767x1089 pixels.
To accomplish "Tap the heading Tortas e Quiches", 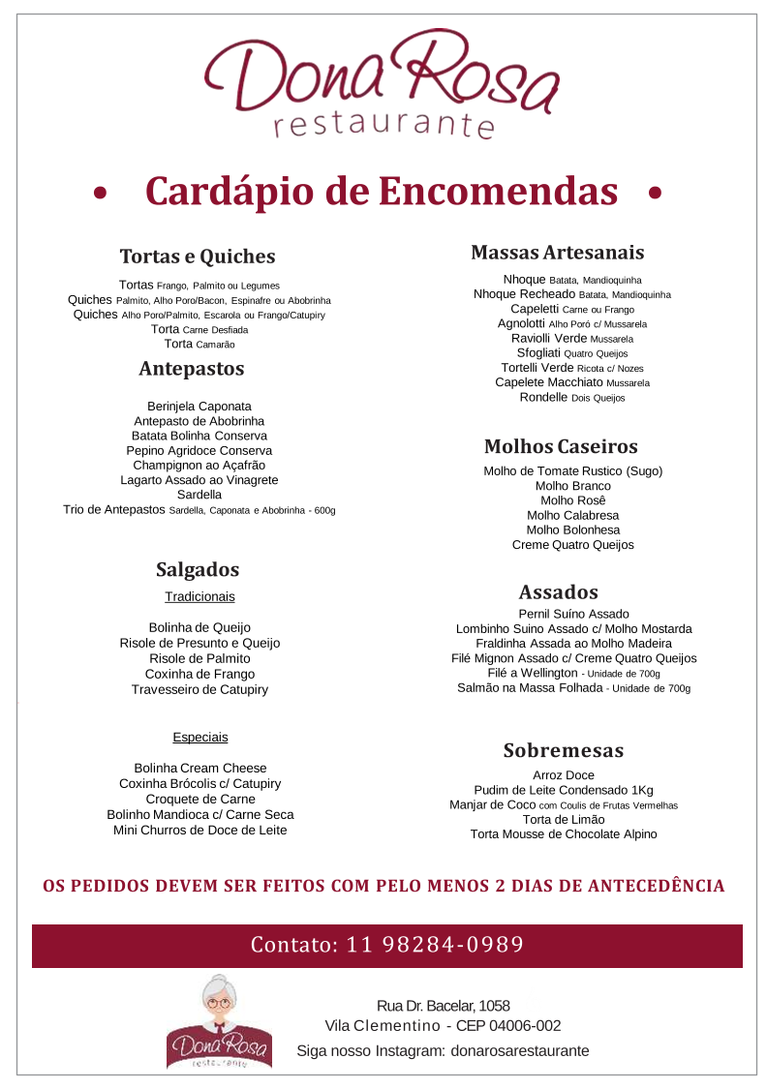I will click(x=198, y=257).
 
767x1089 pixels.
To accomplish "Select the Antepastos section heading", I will click(x=192, y=369).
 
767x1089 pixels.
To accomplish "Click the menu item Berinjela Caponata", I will click(x=199, y=407).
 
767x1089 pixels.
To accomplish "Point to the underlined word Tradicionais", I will click(x=199, y=597).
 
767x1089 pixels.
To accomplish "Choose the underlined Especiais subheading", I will click(x=200, y=738).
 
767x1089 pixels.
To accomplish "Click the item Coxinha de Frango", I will click(x=199, y=674).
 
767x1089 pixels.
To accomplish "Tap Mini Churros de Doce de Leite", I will click(x=199, y=831).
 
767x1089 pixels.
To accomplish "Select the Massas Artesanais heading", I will click(x=557, y=253).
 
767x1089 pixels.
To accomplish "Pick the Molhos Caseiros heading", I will click(x=561, y=447).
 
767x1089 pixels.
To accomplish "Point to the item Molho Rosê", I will click(x=573, y=500).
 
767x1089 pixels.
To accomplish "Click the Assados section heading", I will click(x=558, y=592).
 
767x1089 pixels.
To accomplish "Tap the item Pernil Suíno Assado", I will click(x=573, y=614).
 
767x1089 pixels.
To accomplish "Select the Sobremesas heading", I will click(x=564, y=751).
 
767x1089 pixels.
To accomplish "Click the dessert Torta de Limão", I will click(x=564, y=819).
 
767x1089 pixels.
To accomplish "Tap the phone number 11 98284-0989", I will click(x=435, y=945).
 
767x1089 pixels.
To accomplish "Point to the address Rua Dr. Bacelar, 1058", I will click(x=444, y=1007).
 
